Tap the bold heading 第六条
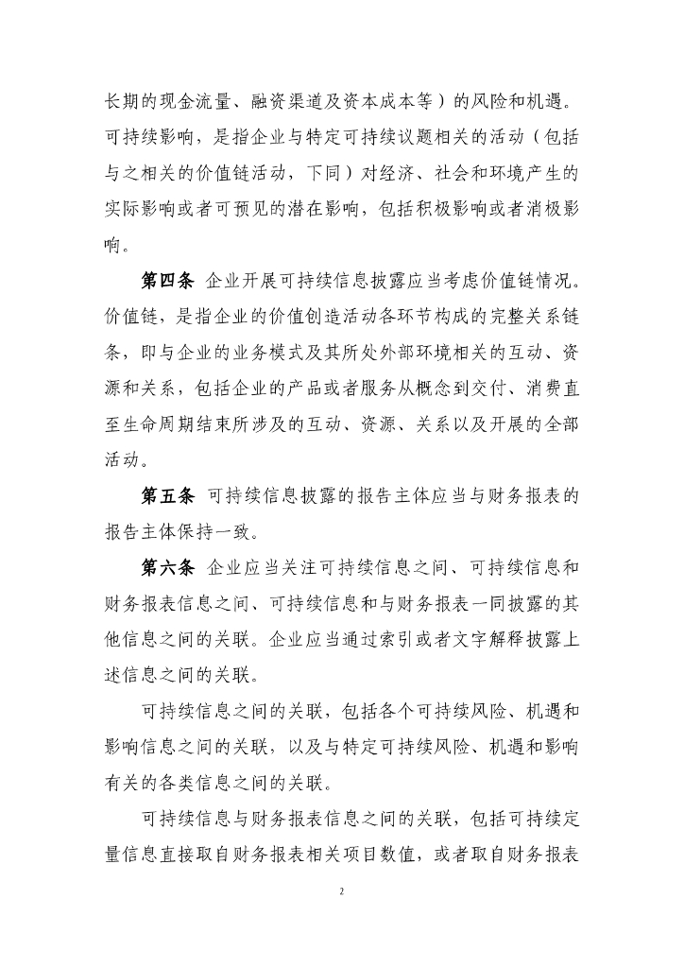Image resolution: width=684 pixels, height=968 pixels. tap(166, 567)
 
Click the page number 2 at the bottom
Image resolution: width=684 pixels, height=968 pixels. tap(342, 891)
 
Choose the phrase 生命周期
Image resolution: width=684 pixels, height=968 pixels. tap(166, 424)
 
